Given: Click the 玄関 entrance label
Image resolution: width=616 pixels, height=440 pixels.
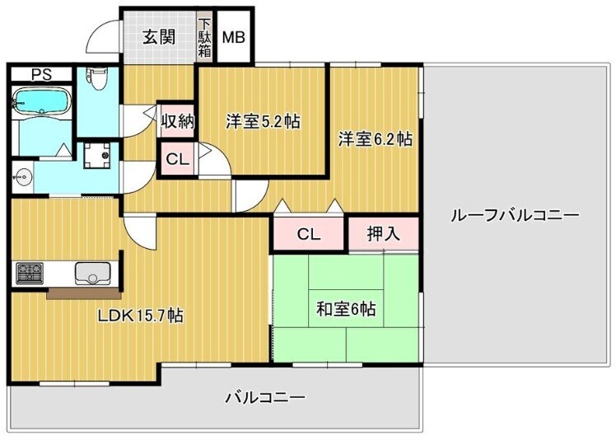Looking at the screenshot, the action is click(x=159, y=37).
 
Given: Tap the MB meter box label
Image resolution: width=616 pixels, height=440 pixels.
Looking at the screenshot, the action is click(x=234, y=37).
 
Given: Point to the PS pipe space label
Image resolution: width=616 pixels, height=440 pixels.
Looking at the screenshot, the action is click(x=42, y=75).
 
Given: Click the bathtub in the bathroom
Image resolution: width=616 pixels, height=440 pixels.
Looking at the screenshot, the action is click(x=42, y=101).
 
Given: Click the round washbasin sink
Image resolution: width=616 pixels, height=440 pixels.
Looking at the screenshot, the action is click(x=23, y=176).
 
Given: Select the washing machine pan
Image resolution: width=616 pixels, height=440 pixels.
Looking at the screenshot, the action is click(x=96, y=155).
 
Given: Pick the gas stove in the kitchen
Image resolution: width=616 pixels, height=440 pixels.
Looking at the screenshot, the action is click(x=30, y=273).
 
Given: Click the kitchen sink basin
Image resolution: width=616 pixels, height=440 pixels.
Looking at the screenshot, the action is click(x=92, y=274).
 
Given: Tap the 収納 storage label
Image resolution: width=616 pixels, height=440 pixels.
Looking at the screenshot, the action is click(x=178, y=121).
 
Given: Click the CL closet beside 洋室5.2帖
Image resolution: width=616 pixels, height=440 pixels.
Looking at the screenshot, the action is click(x=178, y=159).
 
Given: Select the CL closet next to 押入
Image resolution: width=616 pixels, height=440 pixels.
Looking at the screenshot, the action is click(x=309, y=234).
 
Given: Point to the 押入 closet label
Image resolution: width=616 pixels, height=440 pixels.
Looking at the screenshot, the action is click(x=384, y=233).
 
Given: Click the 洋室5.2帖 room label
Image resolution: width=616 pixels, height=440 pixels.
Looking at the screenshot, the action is click(x=263, y=121).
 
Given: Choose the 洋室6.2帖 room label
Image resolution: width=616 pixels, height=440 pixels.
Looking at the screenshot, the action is click(x=376, y=138).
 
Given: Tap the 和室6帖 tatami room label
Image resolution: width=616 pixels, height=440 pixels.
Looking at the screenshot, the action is click(x=346, y=309).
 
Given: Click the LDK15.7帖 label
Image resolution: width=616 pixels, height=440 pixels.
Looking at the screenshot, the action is click(x=140, y=315).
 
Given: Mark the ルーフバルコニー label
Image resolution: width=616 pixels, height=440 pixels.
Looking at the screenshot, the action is click(x=515, y=215).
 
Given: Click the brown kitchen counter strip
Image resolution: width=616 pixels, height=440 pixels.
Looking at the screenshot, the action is click(x=83, y=293).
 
